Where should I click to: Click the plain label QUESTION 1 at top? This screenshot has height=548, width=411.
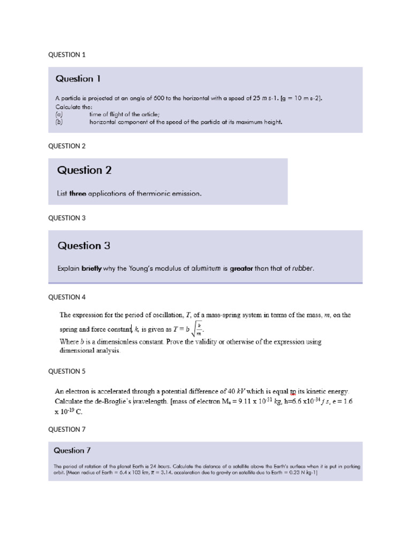click(x=67, y=55)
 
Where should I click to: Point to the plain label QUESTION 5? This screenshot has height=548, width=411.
click(x=67, y=371)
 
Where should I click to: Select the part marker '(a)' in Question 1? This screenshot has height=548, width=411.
click(x=59, y=114)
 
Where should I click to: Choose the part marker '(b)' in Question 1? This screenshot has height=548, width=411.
click(x=59, y=121)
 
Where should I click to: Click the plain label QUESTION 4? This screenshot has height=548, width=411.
click(x=67, y=297)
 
